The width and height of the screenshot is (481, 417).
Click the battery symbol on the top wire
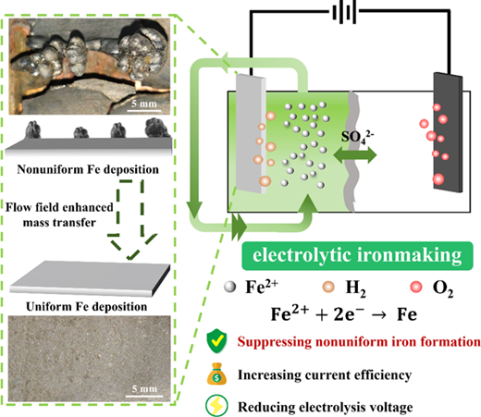point(344,13)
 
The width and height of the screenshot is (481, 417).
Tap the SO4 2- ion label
point(357,137)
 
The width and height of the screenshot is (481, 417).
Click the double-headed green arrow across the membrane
point(355,154)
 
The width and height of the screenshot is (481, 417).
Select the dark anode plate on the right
point(448,132)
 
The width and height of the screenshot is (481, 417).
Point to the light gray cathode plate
point(251,134)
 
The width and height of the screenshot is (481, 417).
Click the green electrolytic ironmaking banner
point(357,256)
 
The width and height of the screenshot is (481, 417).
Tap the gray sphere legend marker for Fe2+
point(230,287)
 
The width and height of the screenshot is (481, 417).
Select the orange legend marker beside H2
point(328,287)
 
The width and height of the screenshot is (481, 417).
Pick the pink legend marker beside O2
point(416,287)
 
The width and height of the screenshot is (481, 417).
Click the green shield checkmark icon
point(216,342)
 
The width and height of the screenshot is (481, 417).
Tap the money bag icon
point(216,374)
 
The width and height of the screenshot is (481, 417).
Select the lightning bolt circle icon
point(216,406)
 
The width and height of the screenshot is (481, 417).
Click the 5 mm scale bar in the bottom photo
point(144,396)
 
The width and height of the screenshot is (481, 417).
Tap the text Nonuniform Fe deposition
point(88,169)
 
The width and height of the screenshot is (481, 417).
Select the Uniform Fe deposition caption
point(87,307)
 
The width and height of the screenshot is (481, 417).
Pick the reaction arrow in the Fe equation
point(378,315)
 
